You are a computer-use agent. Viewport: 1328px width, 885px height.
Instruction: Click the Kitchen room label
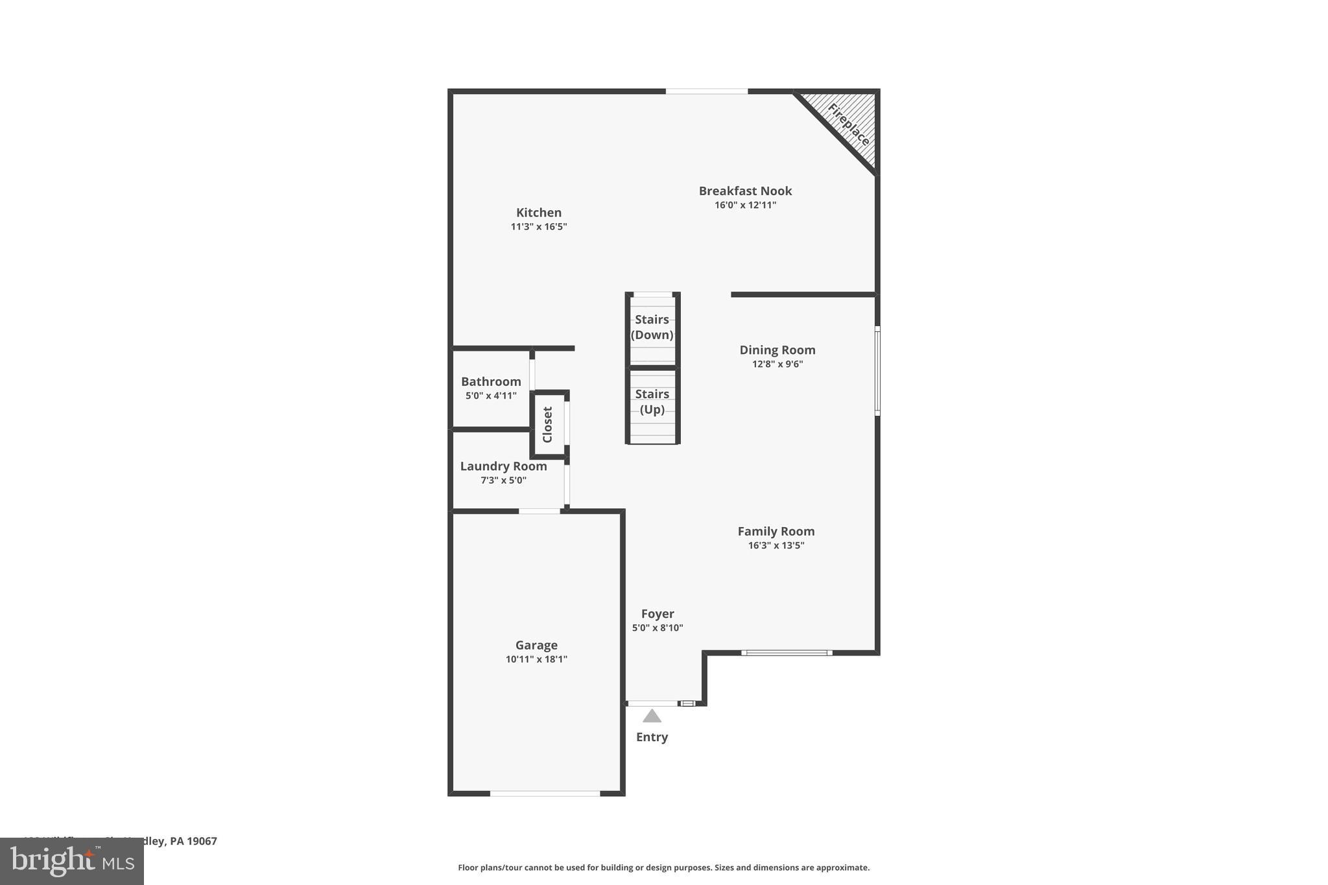coord(538,213)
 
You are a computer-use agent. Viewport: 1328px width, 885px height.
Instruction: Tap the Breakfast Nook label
coord(745,191)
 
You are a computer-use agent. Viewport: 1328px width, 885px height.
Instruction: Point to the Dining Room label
coord(777,350)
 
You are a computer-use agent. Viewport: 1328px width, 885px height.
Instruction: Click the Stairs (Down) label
coord(652,327)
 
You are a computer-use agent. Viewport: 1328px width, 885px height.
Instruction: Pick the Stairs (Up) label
coord(652,401)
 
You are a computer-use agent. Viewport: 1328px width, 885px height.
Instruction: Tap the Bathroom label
coord(491,382)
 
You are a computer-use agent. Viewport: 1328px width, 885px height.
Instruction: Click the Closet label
coord(547,425)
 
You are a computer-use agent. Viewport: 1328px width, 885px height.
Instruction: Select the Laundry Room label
coord(503,466)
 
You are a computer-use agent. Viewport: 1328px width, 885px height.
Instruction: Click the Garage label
coord(536,645)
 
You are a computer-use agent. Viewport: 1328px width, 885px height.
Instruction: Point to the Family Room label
coord(776,532)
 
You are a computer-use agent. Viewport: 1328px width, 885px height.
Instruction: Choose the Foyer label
coord(658,614)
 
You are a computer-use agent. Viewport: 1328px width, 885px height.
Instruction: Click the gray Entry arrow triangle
coord(652,716)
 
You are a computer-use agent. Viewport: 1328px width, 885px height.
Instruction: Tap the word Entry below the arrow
coord(652,737)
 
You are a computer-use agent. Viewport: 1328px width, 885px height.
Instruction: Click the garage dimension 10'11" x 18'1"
coord(536,659)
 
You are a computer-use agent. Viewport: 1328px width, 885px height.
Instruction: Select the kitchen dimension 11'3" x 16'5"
coord(538,227)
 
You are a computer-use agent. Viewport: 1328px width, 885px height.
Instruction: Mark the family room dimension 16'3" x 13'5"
coord(776,546)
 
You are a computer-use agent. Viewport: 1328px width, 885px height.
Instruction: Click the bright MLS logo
coord(72,861)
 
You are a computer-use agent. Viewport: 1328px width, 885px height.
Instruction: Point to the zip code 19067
coord(202,841)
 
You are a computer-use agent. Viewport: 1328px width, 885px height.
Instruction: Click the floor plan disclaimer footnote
coord(663,867)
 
